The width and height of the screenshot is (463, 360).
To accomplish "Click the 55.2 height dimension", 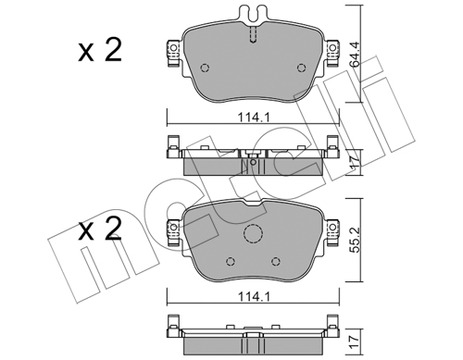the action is (x=356, y=239).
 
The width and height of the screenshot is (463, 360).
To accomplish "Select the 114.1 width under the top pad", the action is (x=254, y=118).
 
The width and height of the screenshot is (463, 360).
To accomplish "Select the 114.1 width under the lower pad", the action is (x=254, y=297).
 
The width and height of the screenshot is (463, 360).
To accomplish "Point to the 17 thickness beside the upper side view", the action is (x=356, y=162).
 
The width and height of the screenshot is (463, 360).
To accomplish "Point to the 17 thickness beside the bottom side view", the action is (x=356, y=341).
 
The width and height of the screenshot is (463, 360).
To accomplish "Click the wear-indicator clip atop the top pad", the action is (x=253, y=15).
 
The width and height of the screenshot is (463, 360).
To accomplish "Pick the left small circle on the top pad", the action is (x=205, y=68).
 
